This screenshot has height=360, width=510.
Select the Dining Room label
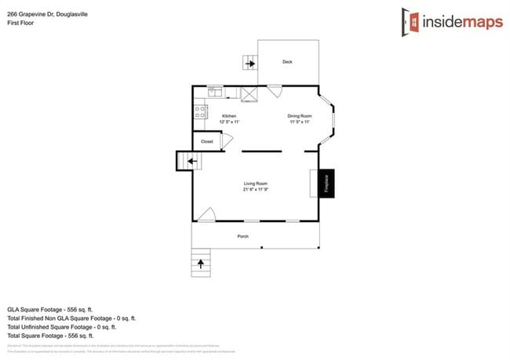click(x=299, y=116)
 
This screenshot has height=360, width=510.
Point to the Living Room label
click(x=256, y=184)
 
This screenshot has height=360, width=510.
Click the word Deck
click(x=287, y=62)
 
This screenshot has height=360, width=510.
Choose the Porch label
click(x=243, y=235)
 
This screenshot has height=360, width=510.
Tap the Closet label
click(x=207, y=141)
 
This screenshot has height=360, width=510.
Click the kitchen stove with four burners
click(x=200, y=112)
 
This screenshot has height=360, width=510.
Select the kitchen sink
click(x=214, y=92)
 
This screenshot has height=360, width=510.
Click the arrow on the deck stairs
click(x=250, y=63)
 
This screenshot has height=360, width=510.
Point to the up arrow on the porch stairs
click(x=202, y=261)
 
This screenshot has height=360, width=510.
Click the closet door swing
click(x=228, y=140)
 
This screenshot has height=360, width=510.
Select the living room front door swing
click(x=206, y=214)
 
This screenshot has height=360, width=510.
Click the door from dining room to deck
click(x=274, y=92)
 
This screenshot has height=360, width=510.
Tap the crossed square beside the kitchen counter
click(x=250, y=94)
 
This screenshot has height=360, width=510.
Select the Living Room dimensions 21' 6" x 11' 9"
click(x=256, y=190)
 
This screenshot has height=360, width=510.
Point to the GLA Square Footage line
click(x=60, y=309)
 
